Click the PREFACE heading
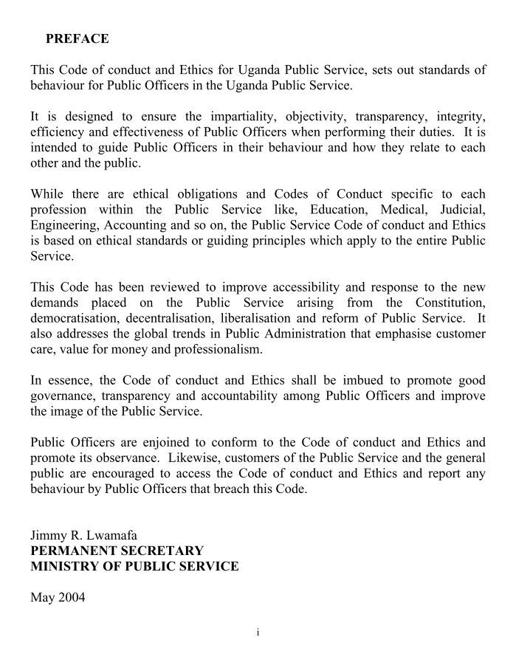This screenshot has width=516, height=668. click(x=77, y=38)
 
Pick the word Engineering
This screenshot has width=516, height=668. click(x=64, y=226)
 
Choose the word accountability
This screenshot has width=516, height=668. click(x=255, y=396)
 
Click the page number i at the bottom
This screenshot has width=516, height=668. click(x=258, y=633)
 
